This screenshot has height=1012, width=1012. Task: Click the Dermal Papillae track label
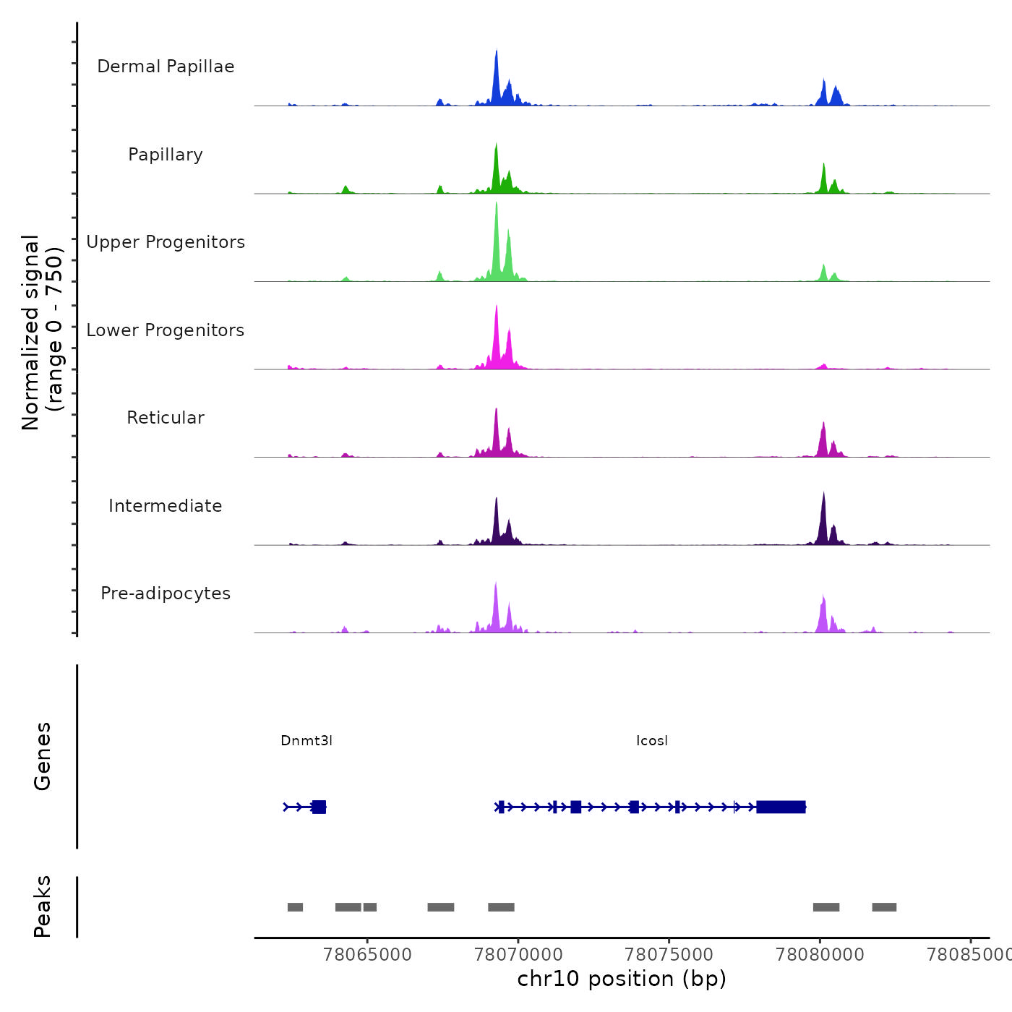pos(166,67)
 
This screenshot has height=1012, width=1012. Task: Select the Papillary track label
pos(166,155)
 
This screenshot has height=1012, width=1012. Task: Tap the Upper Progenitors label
pos(166,242)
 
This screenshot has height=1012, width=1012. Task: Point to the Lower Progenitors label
pos(166,330)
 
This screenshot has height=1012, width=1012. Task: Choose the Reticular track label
pos(166,418)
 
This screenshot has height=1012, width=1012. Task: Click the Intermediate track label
pos(166,506)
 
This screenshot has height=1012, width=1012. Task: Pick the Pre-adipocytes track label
pos(166,593)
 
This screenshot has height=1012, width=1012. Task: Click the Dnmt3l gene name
pos(306,741)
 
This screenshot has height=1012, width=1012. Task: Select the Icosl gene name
pos(652,741)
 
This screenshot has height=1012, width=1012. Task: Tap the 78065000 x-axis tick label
pos(368,955)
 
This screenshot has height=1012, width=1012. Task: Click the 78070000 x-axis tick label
pos(518,955)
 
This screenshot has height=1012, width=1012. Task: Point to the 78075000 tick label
pos(669,955)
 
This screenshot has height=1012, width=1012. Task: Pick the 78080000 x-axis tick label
pos(820,955)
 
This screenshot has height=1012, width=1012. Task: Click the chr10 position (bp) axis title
pos(622,979)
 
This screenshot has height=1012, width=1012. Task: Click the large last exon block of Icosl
pos(781,807)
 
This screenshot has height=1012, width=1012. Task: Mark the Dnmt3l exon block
pos(319,807)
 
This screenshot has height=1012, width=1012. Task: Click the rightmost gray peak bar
pos(884,907)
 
